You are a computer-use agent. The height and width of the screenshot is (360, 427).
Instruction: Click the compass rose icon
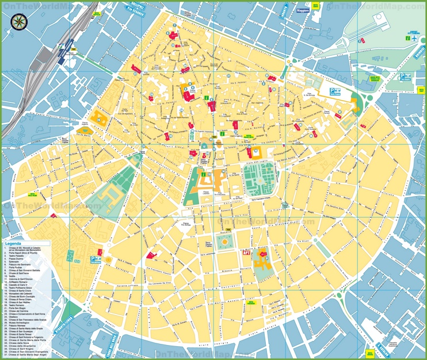tap(18, 21)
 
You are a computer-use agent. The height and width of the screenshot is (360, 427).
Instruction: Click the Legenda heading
tap(13, 244)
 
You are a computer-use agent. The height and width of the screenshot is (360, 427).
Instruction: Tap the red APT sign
tap(247, 251)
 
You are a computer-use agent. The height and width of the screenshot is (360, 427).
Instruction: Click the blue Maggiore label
tap(303, 10)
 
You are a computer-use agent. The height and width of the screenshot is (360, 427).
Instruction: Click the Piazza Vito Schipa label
tap(186, 224)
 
